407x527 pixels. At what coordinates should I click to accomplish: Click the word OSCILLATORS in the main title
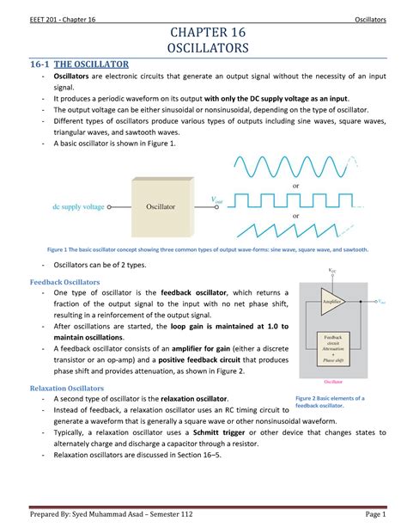click(x=203, y=49)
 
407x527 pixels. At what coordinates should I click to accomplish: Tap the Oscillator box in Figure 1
click(x=160, y=207)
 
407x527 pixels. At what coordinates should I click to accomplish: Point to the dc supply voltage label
click(x=78, y=207)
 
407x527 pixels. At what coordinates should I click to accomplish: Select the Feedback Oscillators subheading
click(x=65, y=282)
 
